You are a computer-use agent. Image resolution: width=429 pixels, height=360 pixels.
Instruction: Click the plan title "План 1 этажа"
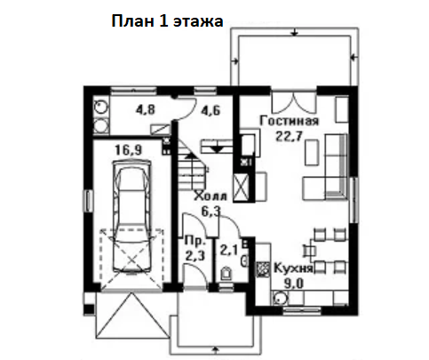167,21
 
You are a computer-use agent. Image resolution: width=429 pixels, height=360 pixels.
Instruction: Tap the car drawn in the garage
132,217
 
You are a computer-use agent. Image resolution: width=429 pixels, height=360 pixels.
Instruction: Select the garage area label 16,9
129,150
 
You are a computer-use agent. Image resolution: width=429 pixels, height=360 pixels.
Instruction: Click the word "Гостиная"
290,121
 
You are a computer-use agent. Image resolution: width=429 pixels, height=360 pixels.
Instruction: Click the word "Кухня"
293,268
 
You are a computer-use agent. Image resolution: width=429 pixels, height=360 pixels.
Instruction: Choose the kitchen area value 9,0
294,284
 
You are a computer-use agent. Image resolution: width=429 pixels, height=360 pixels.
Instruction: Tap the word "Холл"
211,196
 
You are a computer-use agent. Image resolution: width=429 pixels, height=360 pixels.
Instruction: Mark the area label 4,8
146,109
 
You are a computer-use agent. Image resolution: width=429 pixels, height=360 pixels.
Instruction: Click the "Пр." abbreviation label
195,241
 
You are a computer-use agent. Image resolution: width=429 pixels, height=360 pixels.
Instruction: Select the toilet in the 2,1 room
226,274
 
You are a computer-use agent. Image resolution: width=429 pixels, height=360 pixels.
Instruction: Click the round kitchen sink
280,299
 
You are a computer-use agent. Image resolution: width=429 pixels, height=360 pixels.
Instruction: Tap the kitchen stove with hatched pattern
263,269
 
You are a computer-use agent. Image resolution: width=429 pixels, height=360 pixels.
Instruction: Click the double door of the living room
294,102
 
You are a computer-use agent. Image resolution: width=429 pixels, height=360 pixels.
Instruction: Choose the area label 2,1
229,251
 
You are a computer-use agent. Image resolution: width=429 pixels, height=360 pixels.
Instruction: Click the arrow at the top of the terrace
295,32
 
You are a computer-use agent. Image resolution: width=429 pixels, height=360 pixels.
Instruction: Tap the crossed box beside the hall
242,188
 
